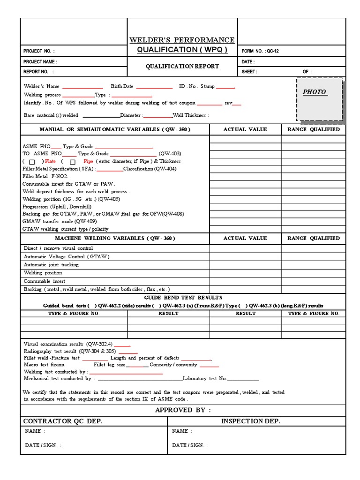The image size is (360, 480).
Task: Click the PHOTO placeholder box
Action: pos(319,99)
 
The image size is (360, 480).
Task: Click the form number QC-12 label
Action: pos(260,51)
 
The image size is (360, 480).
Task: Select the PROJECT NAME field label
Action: pos(40,62)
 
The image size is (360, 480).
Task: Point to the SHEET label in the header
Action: pos(249,72)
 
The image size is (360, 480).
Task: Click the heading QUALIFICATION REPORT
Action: pos(182,66)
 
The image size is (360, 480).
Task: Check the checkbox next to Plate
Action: pos(32,162)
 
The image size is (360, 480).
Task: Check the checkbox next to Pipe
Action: pos(70,162)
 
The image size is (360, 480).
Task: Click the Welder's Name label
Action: pos(42,86)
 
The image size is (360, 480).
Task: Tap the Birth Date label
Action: pos(122,86)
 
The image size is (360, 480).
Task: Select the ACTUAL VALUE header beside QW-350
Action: pos(245,129)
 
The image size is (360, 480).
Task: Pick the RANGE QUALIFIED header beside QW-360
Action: pos(314,238)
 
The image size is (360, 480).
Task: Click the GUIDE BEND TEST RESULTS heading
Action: pos(183,298)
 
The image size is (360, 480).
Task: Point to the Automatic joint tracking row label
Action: pos(51,265)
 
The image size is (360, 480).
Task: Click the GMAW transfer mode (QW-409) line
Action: pos(60,221)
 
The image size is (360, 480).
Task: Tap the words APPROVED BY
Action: pos(183,410)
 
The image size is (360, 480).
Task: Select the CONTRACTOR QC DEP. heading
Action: pos(63,421)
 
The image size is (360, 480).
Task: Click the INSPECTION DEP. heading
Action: pos(250,421)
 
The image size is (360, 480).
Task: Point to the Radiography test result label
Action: pos(69,351)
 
